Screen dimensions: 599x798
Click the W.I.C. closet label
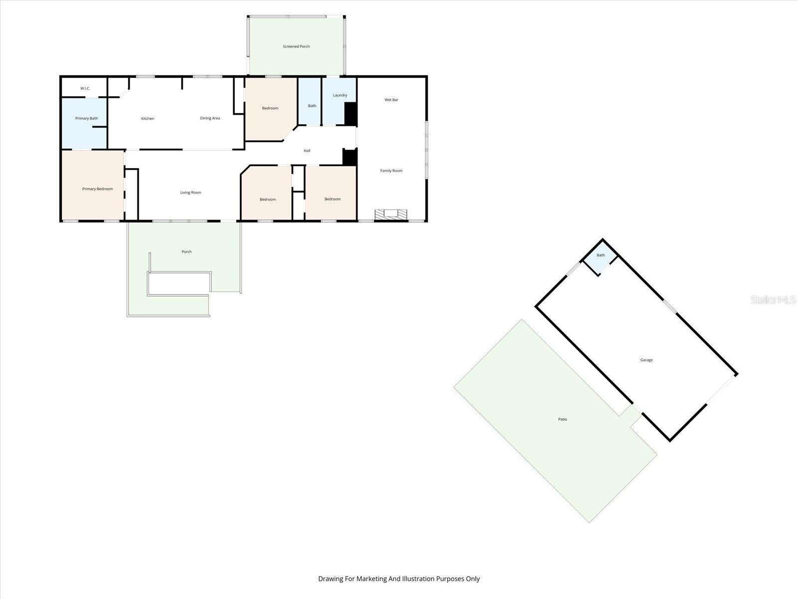coord(85,88)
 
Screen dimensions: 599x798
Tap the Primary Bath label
coord(86,118)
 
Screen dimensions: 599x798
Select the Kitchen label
coord(148,118)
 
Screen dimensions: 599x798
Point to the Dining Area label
coord(210,118)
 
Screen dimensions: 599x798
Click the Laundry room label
coord(340,95)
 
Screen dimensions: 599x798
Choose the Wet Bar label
coord(392,100)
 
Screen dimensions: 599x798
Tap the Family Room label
coord(392,171)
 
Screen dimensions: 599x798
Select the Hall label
coord(307,151)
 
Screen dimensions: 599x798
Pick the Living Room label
coord(191,192)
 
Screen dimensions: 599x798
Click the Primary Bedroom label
coord(97,189)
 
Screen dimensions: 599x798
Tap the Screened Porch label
coord(296,46)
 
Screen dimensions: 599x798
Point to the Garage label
coord(646,360)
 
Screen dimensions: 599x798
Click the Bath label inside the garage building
coord(600,255)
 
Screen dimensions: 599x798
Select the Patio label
coord(563,419)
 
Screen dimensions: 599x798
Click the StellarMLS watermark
coord(773,299)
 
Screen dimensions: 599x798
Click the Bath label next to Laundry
coord(312,106)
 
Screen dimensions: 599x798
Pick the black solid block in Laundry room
coord(351,114)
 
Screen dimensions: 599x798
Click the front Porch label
coord(187,252)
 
